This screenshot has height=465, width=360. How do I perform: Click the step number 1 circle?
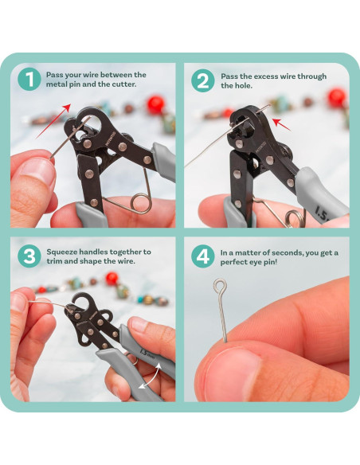[x=29, y=79]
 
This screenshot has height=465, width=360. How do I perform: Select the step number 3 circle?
[x=29, y=256]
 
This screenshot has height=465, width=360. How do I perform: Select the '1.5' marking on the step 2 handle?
[x=322, y=213]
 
